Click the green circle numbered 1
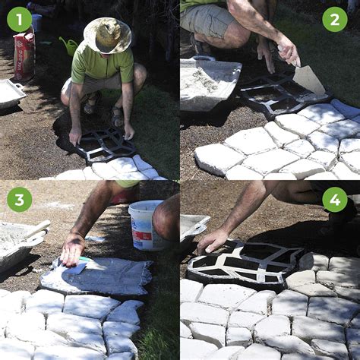(x=20, y=19)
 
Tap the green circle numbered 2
(x=334, y=19)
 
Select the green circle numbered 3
(x=20, y=199)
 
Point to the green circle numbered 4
(x=334, y=199)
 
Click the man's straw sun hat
(x=107, y=35)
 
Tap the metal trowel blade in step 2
(x=309, y=79)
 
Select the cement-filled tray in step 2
(x=209, y=83)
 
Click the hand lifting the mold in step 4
(x=214, y=240)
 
